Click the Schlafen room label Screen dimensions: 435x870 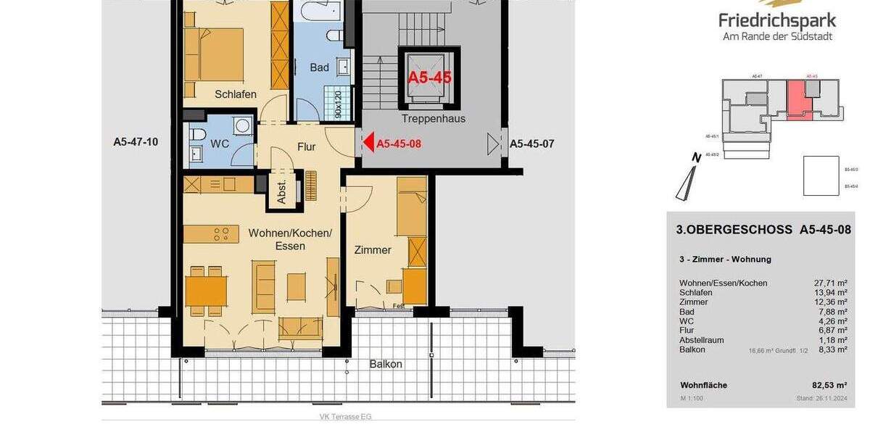236,94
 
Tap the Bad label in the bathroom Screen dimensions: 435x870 320,67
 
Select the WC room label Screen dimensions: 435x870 220,144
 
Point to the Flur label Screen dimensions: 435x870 307,146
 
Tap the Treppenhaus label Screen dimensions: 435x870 433,118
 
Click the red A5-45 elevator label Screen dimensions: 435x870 429,78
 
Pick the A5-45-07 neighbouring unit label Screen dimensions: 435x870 531,144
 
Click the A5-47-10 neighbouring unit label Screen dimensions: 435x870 136,142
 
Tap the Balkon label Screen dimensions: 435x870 385,364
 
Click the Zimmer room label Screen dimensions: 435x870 373,250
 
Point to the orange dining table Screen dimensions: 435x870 207,290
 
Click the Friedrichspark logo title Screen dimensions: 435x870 777,20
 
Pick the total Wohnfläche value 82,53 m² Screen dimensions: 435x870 830,385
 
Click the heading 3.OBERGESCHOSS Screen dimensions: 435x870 734,230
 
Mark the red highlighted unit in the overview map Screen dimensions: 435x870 796,97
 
